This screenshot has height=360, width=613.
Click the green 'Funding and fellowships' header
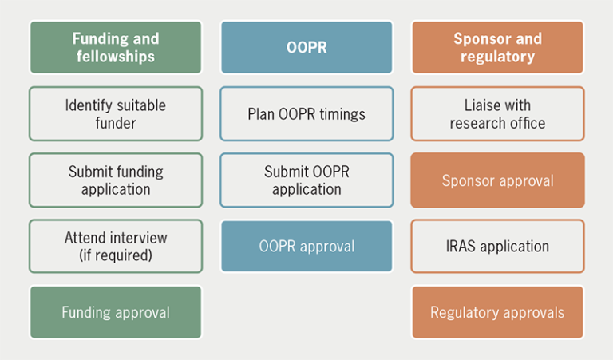pos(116,47)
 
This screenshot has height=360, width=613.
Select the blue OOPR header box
pos(306,47)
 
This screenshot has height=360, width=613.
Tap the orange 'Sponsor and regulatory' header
pos(497,47)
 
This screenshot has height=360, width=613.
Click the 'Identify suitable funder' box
pos(116,113)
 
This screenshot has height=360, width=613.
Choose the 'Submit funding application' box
pos(116,180)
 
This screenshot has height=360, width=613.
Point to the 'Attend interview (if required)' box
pos(116,247)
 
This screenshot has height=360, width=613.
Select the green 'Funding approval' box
pos(116,312)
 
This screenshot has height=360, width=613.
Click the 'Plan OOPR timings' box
pos(306,114)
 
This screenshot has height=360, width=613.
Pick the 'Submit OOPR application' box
pos(306,180)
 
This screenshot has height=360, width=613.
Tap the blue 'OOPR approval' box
pos(306,246)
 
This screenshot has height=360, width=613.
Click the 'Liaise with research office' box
pos(497,113)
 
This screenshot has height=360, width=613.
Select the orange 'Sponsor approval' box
pos(497,180)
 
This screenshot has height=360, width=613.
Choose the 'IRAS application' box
pos(497,246)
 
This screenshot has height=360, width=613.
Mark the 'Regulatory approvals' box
pos(497,312)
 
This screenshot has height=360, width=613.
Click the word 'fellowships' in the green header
pos(116,57)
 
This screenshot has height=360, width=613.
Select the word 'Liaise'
pos(481,105)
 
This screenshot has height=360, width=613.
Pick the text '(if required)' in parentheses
pos(116,255)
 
